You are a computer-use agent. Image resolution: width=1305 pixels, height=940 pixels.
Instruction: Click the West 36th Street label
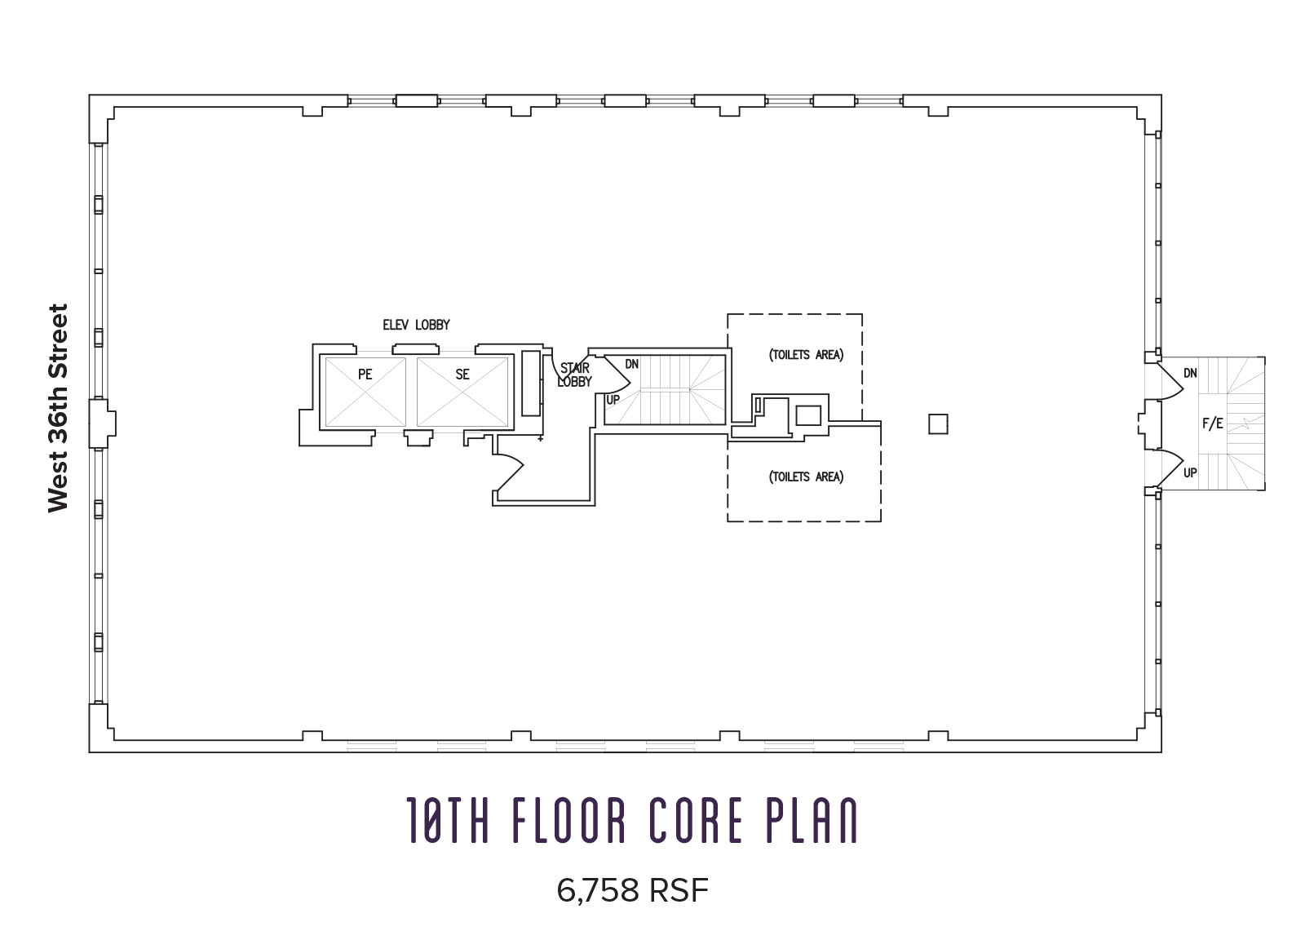(x=58, y=408)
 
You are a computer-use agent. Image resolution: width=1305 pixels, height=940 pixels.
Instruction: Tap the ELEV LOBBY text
(x=416, y=325)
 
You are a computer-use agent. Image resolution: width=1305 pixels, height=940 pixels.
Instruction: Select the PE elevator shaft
(x=365, y=391)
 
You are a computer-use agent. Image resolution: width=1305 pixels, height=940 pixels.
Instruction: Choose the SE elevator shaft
(x=462, y=391)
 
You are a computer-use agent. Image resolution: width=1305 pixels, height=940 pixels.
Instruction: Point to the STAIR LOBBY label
(x=574, y=375)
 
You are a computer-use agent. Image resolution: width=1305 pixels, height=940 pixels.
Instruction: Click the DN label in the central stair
(x=631, y=364)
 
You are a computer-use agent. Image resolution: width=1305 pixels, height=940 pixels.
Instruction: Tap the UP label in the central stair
(x=613, y=400)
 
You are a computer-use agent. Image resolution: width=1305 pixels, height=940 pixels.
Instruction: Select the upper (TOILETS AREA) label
(x=806, y=355)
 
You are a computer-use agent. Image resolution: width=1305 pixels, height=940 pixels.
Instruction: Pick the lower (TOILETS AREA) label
(x=806, y=477)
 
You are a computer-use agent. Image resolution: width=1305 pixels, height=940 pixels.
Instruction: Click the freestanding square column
(x=938, y=424)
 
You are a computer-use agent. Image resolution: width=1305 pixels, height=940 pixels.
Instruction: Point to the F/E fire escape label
(x=1213, y=423)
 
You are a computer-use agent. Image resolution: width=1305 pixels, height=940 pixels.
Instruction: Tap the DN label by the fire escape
(x=1190, y=373)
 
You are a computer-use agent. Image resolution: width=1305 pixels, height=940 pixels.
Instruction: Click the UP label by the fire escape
(x=1190, y=472)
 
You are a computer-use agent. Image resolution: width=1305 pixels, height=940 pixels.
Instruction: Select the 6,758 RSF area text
(x=632, y=891)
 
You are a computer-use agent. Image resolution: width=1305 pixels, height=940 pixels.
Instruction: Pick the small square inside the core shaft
(x=807, y=415)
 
